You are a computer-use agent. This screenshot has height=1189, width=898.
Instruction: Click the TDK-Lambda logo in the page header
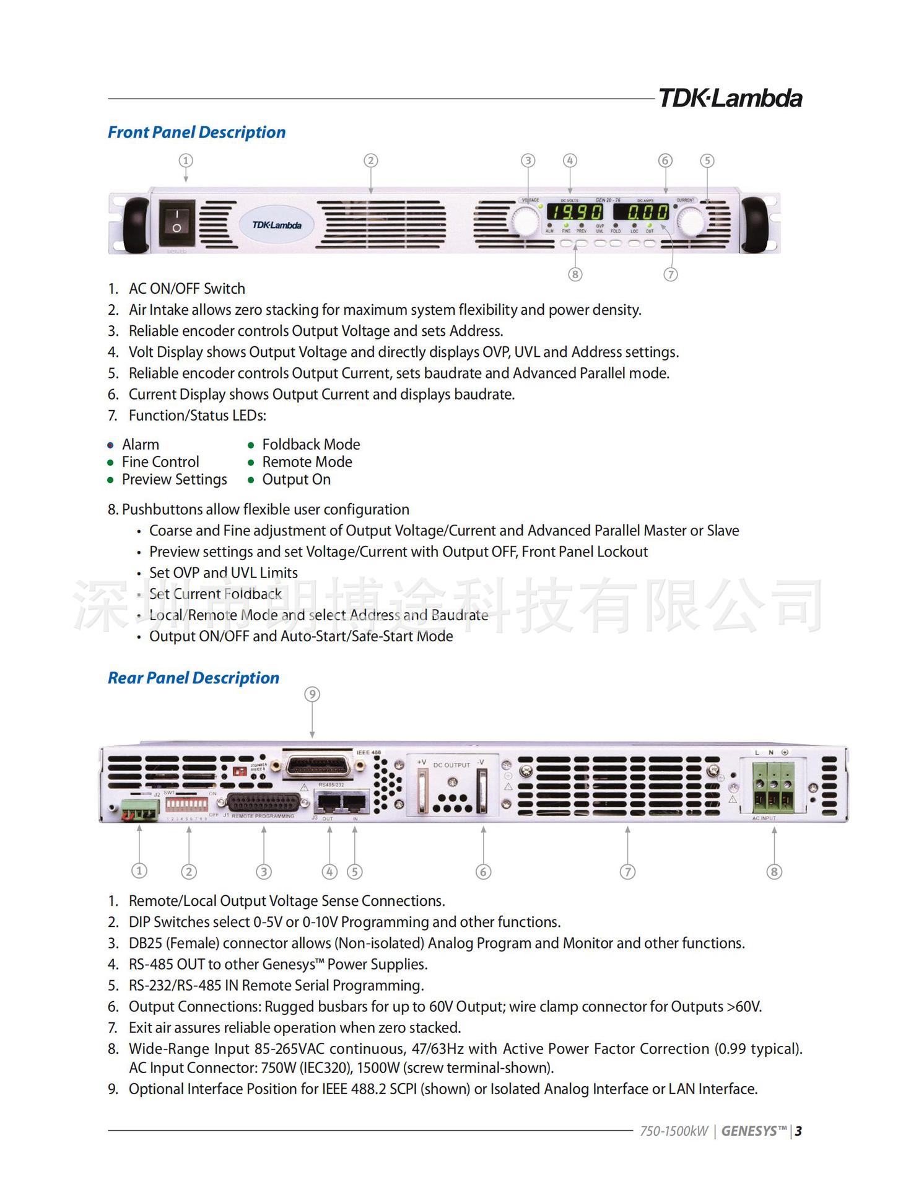tap(730, 99)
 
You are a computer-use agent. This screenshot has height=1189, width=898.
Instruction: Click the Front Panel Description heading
tap(196, 133)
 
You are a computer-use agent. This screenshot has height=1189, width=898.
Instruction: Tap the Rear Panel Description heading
tap(193, 678)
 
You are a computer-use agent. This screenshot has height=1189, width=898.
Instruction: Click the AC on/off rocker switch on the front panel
tap(177, 222)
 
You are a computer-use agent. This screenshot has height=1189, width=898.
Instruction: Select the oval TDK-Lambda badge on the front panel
tap(276, 225)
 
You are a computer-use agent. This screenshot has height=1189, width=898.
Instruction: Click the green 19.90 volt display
tap(575, 213)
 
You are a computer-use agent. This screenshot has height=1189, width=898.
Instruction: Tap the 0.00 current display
tap(642, 213)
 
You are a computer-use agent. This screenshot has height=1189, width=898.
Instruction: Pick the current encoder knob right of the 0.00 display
tap(690, 221)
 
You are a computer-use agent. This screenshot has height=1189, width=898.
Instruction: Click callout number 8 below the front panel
tap(575, 274)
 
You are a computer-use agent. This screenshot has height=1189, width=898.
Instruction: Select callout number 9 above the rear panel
tap(312, 695)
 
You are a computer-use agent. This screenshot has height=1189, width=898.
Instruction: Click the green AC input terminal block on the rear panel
tap(774, 787)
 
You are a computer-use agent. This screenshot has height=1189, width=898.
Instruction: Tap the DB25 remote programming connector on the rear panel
tap(264, 802)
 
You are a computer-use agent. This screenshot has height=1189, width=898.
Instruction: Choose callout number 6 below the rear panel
tap(483, 872)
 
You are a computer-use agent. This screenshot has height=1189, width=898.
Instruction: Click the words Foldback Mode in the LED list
tap(311, 445)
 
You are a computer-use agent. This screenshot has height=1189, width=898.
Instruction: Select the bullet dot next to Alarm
tap(111, 445)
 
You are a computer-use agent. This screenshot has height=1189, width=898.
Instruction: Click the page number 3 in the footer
tap(799, 1131)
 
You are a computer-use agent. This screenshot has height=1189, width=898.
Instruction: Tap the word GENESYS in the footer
tap(753, 1131)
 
